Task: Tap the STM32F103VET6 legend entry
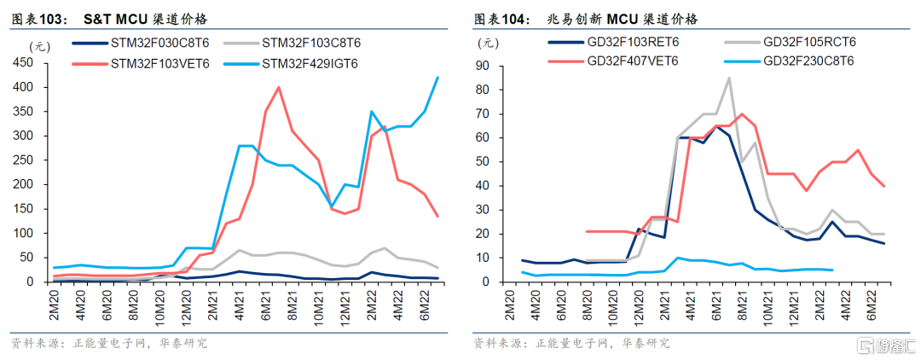pos(140,63)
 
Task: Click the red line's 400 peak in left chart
pos(278,87)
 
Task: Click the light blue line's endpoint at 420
pos(437,78)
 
